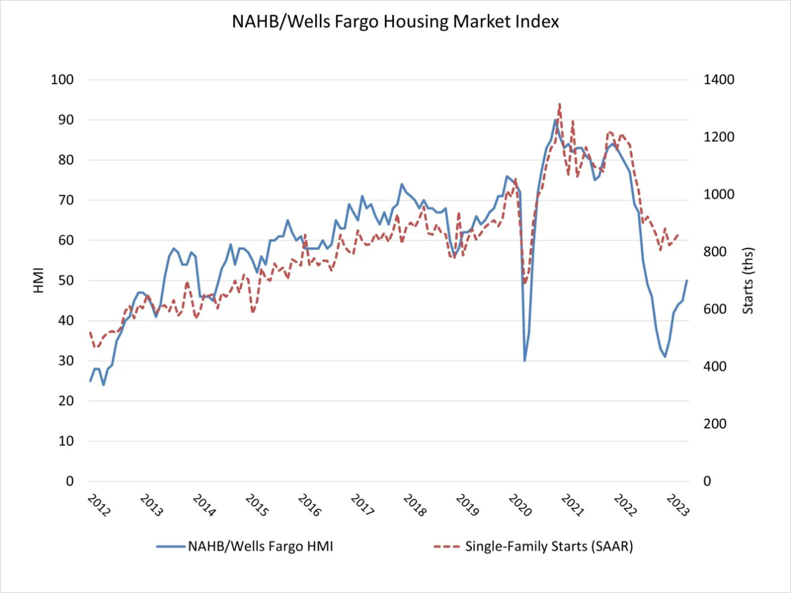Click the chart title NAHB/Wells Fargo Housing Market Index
click(395, 22)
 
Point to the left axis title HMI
click(39, 280)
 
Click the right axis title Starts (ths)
click(748, 280)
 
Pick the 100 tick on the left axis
click(62, 80)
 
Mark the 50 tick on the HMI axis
click(66, 280)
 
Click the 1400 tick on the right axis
click(719, 80)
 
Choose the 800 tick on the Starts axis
click(715, 252)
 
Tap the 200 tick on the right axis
click(715, 424)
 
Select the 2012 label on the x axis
click(98, 505)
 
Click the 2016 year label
click(310, 505)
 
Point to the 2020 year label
click(520, 505)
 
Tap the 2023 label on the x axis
click(678, 505)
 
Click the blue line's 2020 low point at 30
click(525, 360)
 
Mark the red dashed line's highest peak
click(559, 104)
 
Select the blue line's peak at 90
click(555, 120)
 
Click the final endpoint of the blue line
click(687, 280)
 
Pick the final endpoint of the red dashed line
click(678, 234)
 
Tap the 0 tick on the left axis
click(69, 481)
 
